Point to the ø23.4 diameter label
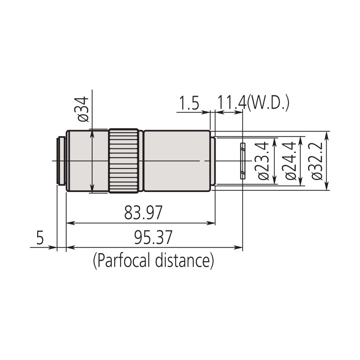tap(264, 161)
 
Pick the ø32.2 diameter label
tap(317, 161)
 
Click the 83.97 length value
tap(143, 213)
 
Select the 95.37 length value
tap(153, 238)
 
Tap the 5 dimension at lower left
tap(40, 238)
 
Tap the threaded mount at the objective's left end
tap(61, 161)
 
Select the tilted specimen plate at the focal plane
tap(242, 161)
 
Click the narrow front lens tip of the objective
tap(213, 161)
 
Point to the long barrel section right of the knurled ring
tap(176, 161)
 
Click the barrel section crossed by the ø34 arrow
tap(87, 161)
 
